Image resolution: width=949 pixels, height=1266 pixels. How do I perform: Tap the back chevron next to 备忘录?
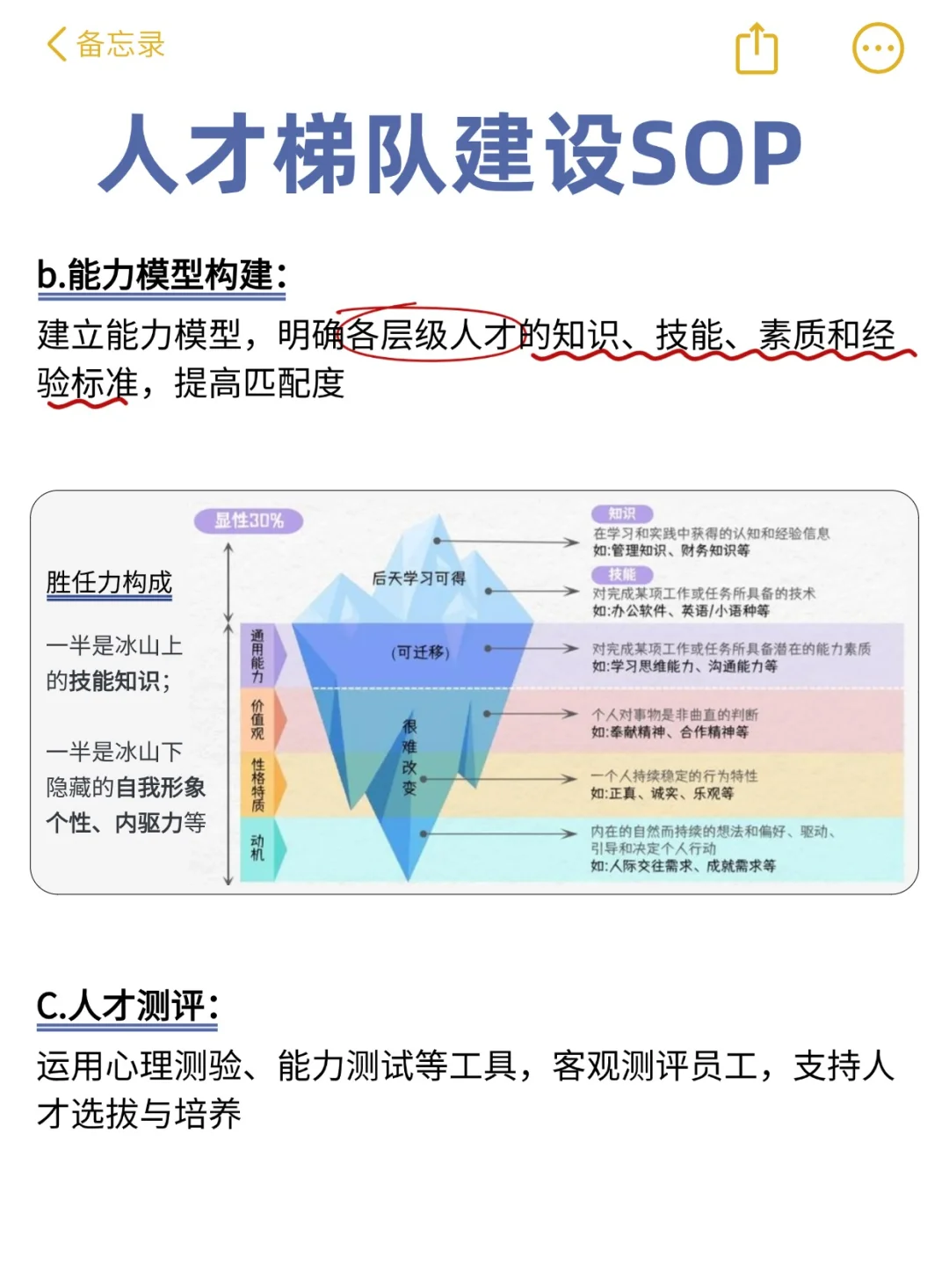pos(57,44)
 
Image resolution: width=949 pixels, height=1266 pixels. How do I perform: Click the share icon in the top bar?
pos(756,48)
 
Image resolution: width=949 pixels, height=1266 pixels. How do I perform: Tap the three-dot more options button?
pos(878,48)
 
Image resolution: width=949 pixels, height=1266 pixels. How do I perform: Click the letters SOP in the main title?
pos(714,154)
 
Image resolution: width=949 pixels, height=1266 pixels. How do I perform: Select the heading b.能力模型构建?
pos(162,275)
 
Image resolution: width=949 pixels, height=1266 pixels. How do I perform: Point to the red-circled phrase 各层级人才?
pos(430,335)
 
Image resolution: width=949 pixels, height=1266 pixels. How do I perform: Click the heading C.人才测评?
pos(127,1006)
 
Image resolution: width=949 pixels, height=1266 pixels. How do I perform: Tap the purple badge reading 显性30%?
pos(249,520)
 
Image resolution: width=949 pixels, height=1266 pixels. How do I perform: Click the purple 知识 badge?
pos(621,514)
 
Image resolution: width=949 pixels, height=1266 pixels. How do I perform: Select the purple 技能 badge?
pos(621,574)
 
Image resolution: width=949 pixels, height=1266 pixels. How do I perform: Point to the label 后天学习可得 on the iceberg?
pos(418,578)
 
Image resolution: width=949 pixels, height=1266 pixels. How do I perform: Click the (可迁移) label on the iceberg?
pos(420,652)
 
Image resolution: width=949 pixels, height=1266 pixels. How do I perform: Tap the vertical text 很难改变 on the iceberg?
pos(409,757)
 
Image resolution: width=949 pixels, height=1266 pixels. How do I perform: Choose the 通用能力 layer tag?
pos(257,656)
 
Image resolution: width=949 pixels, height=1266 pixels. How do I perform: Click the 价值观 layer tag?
pos(257,719)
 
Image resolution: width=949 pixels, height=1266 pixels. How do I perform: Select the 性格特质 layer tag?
pos(257,784)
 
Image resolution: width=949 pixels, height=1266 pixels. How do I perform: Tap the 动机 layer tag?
pos(257,848)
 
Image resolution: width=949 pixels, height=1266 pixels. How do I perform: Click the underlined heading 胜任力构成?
pos(109,583)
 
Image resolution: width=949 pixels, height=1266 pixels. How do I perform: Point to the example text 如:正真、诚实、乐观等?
pos(662,794)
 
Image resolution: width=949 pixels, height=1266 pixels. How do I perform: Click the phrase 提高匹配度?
pos(259,383)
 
